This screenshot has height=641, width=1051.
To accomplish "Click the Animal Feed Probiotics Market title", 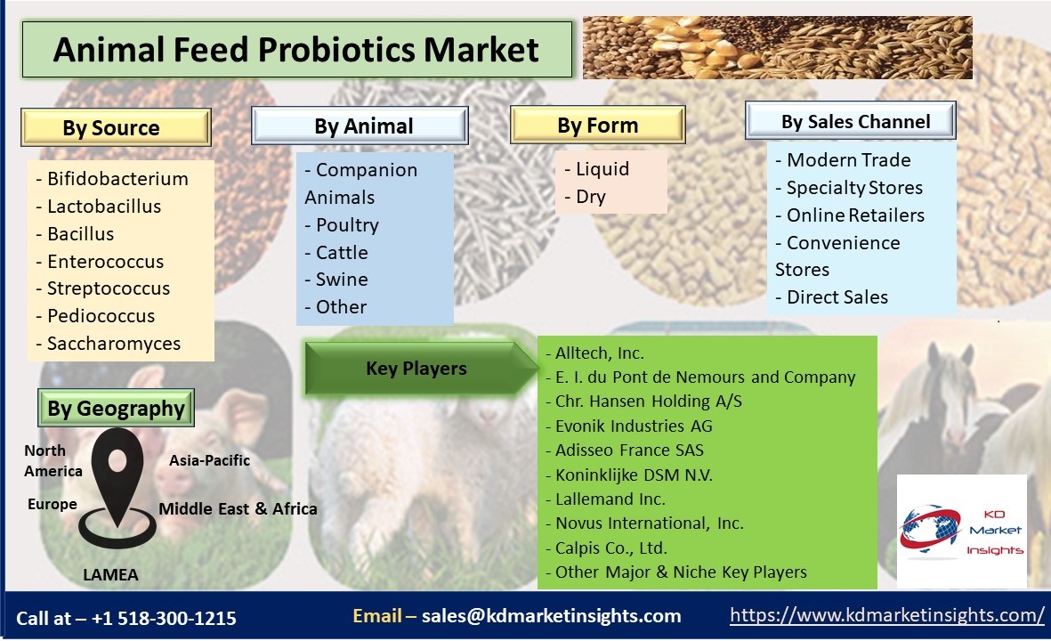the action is pos(296,50).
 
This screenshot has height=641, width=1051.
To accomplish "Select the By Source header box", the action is pos(116,127).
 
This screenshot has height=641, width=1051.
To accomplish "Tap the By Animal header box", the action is pos(360,126).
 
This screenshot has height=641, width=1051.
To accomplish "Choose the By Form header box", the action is pos(598,125).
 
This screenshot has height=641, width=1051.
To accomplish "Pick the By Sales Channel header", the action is pos(851,121).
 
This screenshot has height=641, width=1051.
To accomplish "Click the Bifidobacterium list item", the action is pos(112,179).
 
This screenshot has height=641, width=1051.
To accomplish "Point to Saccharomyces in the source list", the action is pos(108,344).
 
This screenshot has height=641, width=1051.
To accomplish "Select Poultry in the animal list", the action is pos(342,225).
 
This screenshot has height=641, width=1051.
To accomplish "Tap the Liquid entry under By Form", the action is pos(596,169).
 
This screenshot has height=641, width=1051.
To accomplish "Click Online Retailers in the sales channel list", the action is pos(850,215).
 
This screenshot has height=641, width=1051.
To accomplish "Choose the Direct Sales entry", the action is pos(832,297).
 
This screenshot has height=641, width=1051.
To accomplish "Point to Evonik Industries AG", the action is pos(628,426).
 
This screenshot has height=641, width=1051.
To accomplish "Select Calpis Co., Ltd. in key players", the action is pos(607,548).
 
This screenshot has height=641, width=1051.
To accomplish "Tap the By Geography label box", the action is pos(116,408).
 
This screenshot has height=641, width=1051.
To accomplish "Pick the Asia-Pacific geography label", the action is pos(209,460).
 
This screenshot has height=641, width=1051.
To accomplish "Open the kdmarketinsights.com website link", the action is pos(886,615).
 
